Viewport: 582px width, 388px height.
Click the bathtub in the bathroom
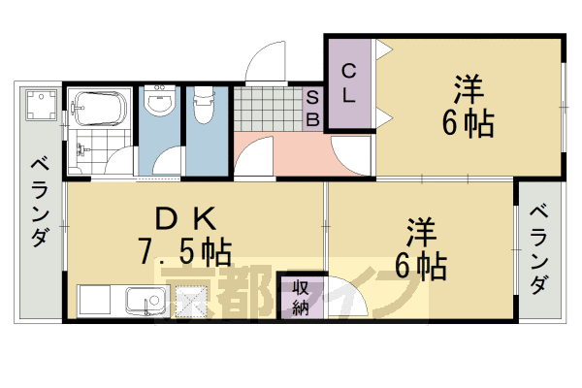(x=97, y=106)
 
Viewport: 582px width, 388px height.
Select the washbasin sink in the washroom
(x=160, y=101)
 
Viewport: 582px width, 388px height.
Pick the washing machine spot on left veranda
(x=41, y=105)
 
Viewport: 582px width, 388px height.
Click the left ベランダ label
(x=39, y=202)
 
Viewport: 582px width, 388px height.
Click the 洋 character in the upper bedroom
(x=469, y=90)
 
